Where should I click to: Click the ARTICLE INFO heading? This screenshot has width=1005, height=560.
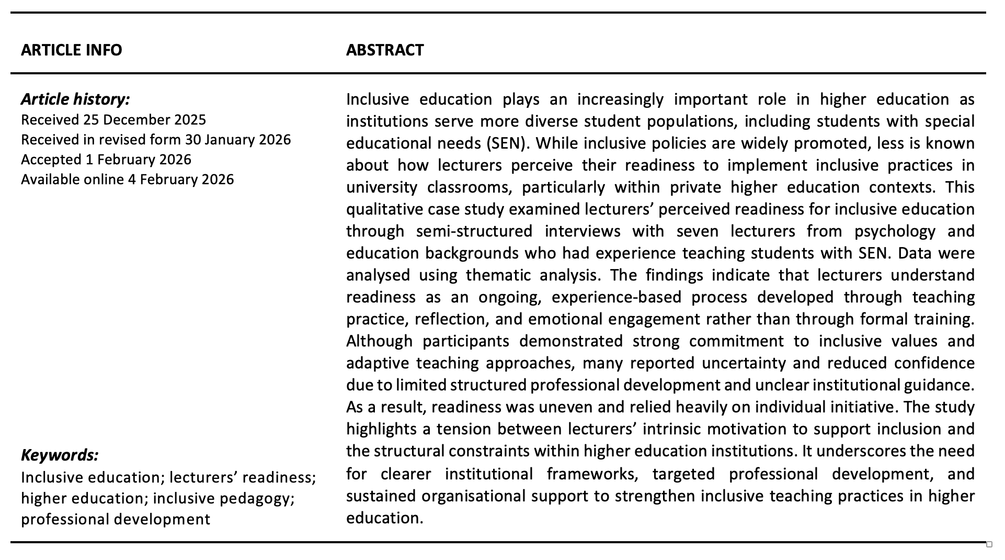click(x=71, y=50)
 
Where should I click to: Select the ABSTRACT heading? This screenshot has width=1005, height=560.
click(x=385, y=50)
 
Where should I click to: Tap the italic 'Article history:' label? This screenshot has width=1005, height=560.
click(x=75, y=99)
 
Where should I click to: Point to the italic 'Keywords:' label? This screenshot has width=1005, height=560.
click(x=60, y=455)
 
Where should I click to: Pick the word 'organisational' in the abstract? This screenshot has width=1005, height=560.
click(x=473, y=496)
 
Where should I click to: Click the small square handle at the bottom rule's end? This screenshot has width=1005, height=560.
click(x=989, y=544)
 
